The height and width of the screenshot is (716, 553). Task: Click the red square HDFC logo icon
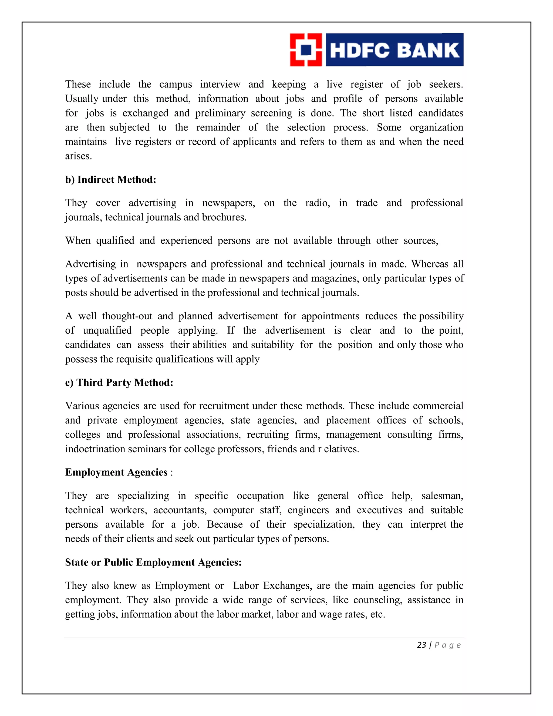click(306, 50)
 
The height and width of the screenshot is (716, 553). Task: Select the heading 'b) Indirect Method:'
click(110, 180)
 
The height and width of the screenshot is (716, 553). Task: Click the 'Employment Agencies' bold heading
click(116, 472)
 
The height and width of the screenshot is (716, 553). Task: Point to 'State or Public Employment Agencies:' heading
click(153, 562)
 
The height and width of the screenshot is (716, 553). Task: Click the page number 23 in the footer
click(421, 645)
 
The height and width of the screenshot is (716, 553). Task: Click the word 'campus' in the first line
click(176, 85)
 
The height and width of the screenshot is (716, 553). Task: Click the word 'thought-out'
click(127, 316)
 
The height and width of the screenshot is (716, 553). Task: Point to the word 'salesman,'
click(442, 496)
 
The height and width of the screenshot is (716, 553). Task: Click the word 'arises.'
click(78, 156)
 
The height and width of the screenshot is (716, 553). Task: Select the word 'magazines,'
click(335, 278)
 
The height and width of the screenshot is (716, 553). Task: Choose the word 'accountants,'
click(180, 510)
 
